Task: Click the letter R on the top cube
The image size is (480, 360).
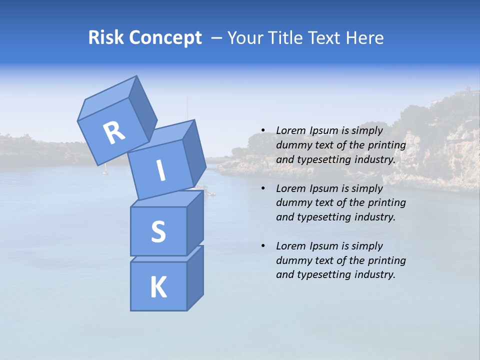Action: tap(114, 133)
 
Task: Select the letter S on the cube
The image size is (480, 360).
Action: tap(158, 231)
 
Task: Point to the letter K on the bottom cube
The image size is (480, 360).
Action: tap(158, 287)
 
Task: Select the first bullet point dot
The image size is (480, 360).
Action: tap(263, 130)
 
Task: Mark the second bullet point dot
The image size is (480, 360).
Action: tap(263, 188)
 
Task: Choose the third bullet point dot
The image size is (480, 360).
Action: tap(263, 246)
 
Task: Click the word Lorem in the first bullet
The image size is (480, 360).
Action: tap(290, 130)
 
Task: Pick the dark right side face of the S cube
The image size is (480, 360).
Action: tap(195, 222)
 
